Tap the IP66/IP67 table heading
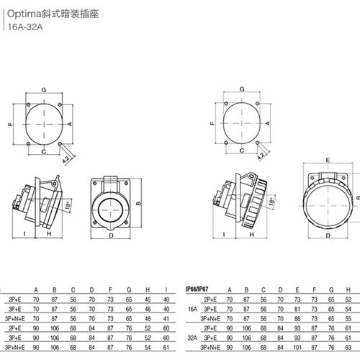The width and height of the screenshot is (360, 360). click(202, 285)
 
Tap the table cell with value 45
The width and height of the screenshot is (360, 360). click(148, 297)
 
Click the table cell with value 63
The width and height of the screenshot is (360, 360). click(329, 297)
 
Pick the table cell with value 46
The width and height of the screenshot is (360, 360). click(148, 307)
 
